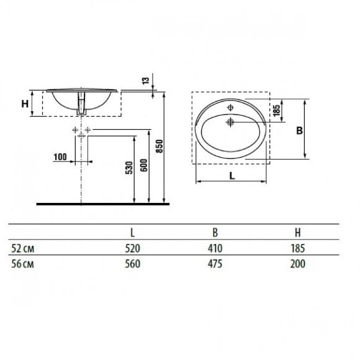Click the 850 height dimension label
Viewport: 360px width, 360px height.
pos(160,146)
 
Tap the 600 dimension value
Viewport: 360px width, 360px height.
pos(144,165)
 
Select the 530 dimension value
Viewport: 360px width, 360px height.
pos(129,168)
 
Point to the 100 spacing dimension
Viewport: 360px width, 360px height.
pos(60,157)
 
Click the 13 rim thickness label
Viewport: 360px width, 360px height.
pos(146,80)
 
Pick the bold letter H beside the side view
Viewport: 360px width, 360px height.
pos(25,104)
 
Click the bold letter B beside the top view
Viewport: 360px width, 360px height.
pos(299,130)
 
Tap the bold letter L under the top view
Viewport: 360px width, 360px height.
pos(232,176)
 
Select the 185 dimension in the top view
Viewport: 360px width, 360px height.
pos(277,110)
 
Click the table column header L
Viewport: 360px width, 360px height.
pos(132,233)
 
